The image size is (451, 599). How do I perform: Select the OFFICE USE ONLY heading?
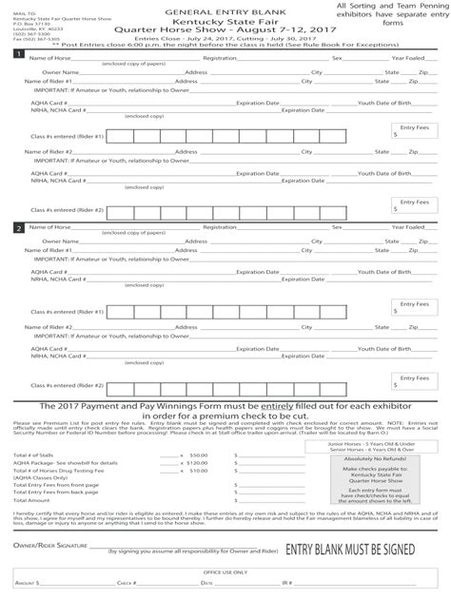click(x=225, y=572)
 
